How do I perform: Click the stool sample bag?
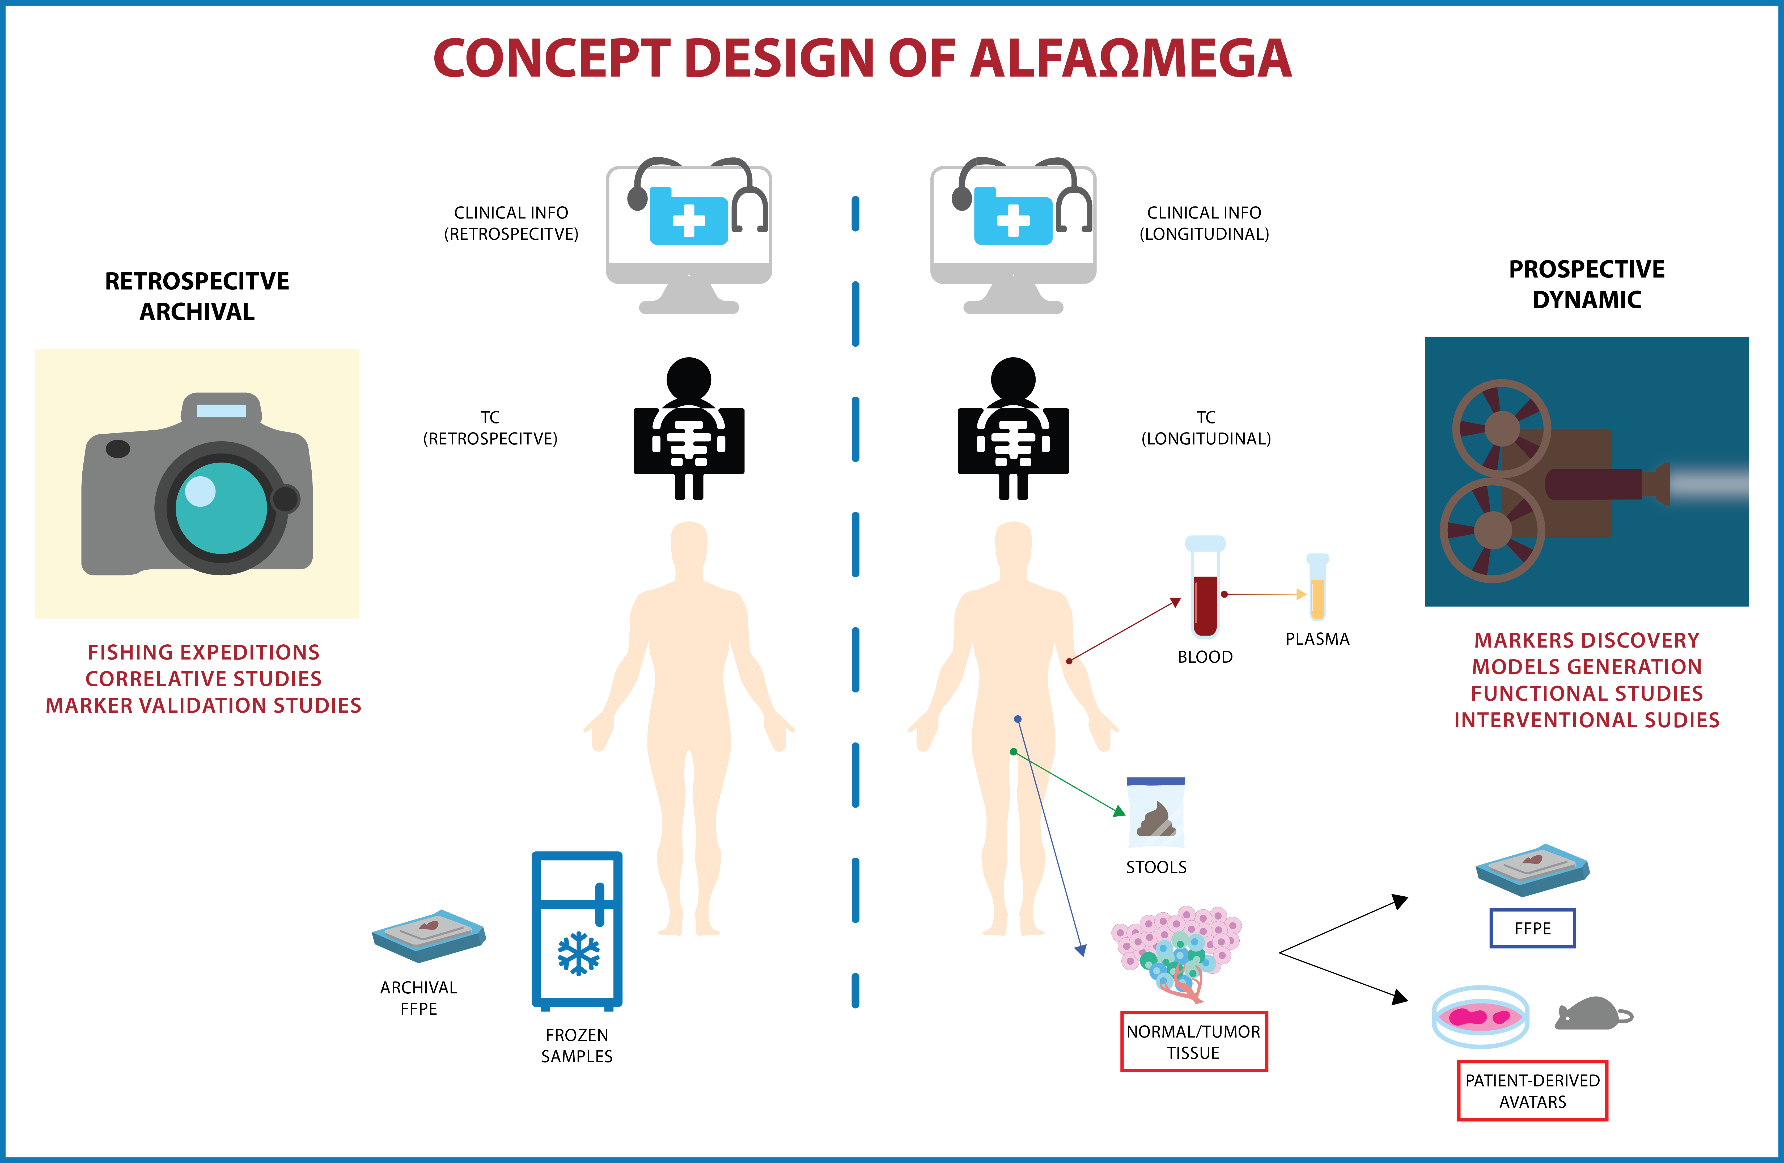point(1156,814)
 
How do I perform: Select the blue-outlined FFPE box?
point(1532,928)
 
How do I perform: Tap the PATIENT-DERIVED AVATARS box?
point(1532,1091)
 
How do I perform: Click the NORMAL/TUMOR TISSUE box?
point(1193,1042)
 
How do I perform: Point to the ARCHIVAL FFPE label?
point(418,998)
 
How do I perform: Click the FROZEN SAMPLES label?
point(577,1045)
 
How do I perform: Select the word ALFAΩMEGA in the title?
point(1130,58)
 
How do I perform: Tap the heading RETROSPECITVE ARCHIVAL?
point(197,296)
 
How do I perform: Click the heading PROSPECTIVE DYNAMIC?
point(1586,284)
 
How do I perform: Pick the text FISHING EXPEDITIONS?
point(203,652)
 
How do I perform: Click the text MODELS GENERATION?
point(1586,667)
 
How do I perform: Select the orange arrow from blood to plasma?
point(1265,594)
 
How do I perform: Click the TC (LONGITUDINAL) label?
point(1205,428)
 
